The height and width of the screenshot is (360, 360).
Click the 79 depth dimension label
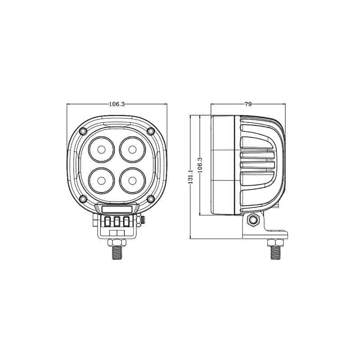(x=248, y=104)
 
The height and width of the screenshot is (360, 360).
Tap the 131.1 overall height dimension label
(x=191, y=177)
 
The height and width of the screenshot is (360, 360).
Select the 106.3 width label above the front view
(x=117, y=104)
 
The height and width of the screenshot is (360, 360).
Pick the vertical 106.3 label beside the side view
(x=200, y=165)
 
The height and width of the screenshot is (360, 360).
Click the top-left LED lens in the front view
(x=101, y=150)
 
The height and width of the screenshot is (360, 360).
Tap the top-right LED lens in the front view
(x=132, y=150)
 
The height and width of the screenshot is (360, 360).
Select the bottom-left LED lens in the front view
(x=101, y=181)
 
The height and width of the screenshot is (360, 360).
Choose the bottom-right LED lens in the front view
(x=132, y=181)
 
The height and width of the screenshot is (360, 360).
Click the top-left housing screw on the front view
(x=83, y=131)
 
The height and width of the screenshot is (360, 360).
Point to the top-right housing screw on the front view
(x=151, y=131)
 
